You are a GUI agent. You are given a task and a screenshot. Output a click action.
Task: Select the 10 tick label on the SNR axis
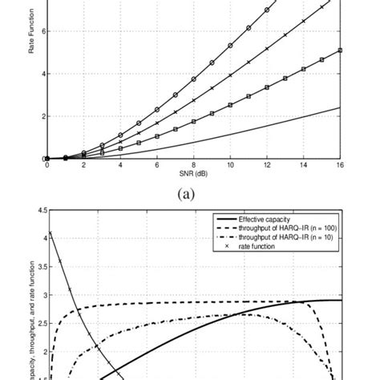[x=231, y=165]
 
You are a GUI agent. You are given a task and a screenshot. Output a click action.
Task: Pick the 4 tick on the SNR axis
[x=120, y=165]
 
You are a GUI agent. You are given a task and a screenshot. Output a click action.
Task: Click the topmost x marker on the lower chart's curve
[x=51, y=233]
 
